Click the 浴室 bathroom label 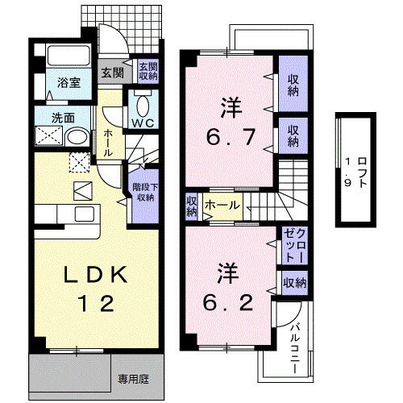pos(67,82)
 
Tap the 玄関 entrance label pos(112,73)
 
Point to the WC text pos(144,122)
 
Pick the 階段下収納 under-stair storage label pos(144,192)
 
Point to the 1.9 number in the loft pos(347,170)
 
